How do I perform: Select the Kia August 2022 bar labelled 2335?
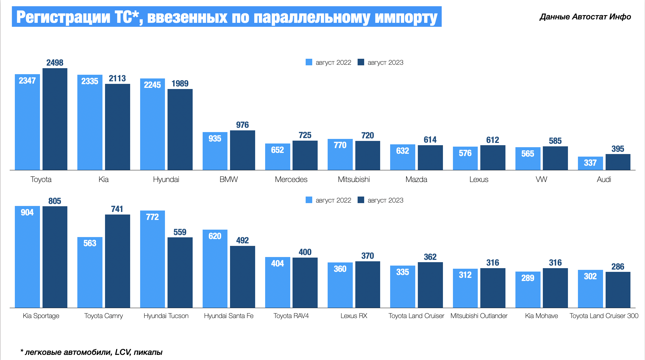(x=90, y=123)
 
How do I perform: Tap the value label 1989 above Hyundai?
(x=180, y=84)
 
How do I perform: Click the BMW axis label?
(x=229, y=179)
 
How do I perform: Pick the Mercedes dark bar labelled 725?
(x=305, y=155)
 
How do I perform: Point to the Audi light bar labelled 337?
(x=590, y=163)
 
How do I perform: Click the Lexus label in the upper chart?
(x=479, y=179)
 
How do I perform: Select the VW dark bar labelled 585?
(x=555, y=158)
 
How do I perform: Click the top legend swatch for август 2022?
(x=309, y=62)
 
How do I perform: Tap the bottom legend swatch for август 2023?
(x=361, y=200)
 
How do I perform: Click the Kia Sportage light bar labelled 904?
(x=27, y=257)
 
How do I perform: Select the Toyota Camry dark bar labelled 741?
(x=117, y=261)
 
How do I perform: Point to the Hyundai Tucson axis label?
(x=166, y=316)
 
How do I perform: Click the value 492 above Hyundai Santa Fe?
(x=242, y=240)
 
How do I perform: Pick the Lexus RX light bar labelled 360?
(x=340, y=285)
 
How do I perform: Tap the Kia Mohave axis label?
(x=541, y=316)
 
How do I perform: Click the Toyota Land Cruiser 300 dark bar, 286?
(x=618, y=290)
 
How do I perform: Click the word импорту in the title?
(x=406, y=17)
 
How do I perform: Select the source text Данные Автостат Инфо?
(x=585, y=17)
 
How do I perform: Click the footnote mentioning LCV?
(x=91, y=352)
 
